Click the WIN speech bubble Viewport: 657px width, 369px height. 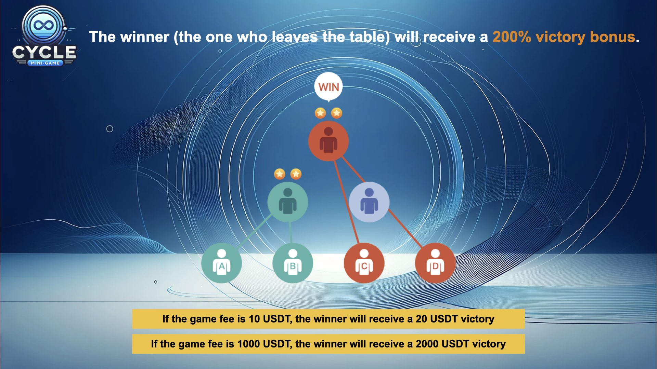(x=328, y=87)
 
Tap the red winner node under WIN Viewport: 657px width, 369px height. (x=328, y=141)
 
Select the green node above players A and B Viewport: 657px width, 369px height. (x=287, y=202)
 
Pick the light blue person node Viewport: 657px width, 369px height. (x=369, y=202)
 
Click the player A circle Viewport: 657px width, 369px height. (x=221, y=263)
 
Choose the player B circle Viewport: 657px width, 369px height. (x=293, y=263)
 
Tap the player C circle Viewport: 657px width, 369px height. (x=364, y=263)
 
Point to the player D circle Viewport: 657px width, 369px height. (x=435, y=263)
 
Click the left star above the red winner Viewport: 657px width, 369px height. (x=320, y=113)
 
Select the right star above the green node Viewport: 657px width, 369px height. (x=296, y=174)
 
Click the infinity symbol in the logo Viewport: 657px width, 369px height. (x=43, y=25)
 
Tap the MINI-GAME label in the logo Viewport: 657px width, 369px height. (x=45, y=63)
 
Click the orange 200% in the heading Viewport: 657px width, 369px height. (x=512, y=37)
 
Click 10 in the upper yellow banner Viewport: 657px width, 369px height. (x=254, y=319)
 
